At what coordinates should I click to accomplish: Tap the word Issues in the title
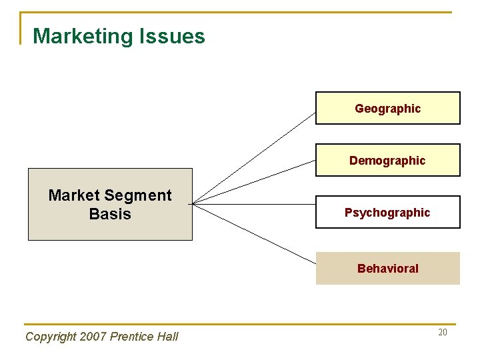click(172, 37)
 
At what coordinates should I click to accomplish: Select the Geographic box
click(387, 108)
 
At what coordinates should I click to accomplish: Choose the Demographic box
click(387, 160)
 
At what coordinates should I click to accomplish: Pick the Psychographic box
click(387, 213)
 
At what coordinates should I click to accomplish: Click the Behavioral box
click(387, 268)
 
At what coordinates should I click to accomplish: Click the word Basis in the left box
click(110, 214)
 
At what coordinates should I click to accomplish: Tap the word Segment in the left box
click(139, 195)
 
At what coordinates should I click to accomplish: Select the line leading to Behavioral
click(253, 233)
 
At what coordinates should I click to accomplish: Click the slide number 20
click(443, 332)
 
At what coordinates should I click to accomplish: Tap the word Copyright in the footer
click(51, 337)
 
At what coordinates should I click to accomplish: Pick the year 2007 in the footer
click(93, 337)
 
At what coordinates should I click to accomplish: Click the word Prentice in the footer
click(132, 337)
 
